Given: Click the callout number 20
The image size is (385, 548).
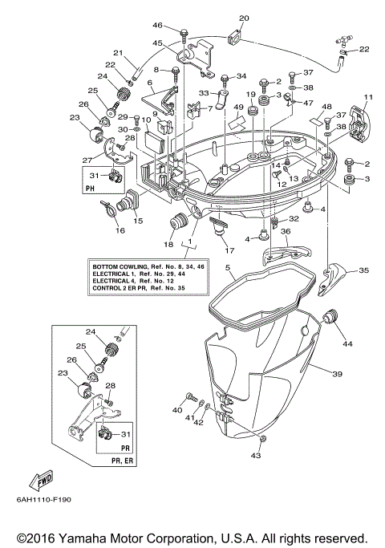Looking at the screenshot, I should pyautogui.click(x=244, y=18).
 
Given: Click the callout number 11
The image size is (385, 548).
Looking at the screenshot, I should pyautogui.click(x=368, y=98).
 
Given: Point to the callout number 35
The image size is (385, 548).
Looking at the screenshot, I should pyautogui.click(x=364, y=270).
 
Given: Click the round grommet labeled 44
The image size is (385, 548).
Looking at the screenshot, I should pyautogui.click(x=327, y=320).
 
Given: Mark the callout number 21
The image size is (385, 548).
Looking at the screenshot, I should pyautogui.click(x=118, y=54).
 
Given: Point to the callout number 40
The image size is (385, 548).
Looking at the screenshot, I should pyautogui.click(x=176, y=410).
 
